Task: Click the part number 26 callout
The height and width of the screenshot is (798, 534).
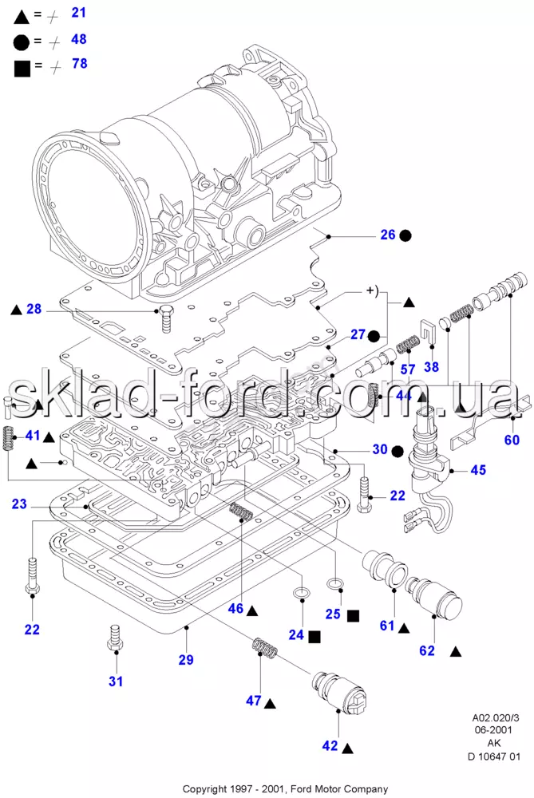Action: [x=388, y=235]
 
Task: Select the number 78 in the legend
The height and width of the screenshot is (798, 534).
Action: [x=80, y=64]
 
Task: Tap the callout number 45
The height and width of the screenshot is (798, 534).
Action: [x=478, y=470]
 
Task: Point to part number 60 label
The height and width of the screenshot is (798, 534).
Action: [x=512, y=439]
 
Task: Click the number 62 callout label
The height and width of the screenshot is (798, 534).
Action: [x=427, y=650]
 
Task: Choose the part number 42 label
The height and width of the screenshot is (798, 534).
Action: [x=330, y=745]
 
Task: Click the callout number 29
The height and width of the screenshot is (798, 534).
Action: [x=186, y=660]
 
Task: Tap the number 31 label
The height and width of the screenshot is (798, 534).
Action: [x=116, y=681]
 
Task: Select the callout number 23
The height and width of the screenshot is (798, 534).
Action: [x=19, y=504]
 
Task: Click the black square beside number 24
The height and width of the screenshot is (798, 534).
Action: [x=314, y=636]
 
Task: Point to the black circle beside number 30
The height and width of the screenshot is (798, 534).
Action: [x=398, y=451]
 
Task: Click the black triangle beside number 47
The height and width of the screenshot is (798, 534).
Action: [x=270, y=703]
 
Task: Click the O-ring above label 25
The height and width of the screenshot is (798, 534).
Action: [x=334, y=583]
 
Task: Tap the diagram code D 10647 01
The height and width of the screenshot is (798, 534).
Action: [x=494, y=757]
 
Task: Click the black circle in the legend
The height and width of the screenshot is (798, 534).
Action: [x=22, y=43]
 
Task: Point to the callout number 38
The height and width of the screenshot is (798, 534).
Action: [x=431, y=366]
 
